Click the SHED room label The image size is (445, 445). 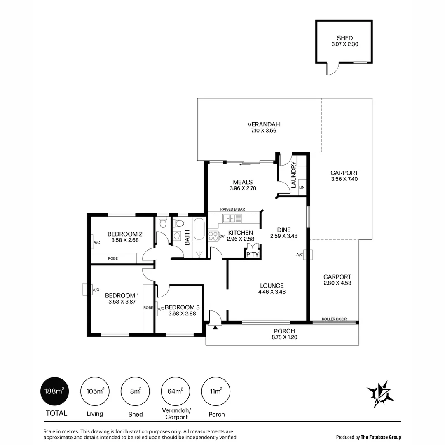click(x=344, y=38)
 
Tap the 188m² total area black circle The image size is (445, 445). click(x=54, y=391)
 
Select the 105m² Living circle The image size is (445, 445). click(x=94, y=391)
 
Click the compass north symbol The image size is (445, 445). click(x=380, y=393)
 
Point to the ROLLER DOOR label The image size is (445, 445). click(x=334, y=319)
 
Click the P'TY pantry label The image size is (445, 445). click(x=252, y=255)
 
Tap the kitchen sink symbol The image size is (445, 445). click(x=232, y=218)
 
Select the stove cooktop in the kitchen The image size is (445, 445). click(x=213, y=236)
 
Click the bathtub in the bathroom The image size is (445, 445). click(x=199, y=230)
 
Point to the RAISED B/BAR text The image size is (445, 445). click(x=233, y=209)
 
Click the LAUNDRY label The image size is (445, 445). click(x=294, y=175)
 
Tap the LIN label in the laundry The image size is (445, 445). click(x=302, y=187)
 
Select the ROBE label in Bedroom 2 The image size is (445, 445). click(x=113, y=258)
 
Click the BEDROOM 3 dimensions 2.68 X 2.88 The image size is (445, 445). click(x=182, y=314)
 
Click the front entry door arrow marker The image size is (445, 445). click(x=215, y=328)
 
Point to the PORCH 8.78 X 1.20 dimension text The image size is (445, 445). click(x=284, y=337)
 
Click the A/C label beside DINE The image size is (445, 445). click(x=300, y=255)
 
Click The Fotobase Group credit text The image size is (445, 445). click(x=381, y=437)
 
